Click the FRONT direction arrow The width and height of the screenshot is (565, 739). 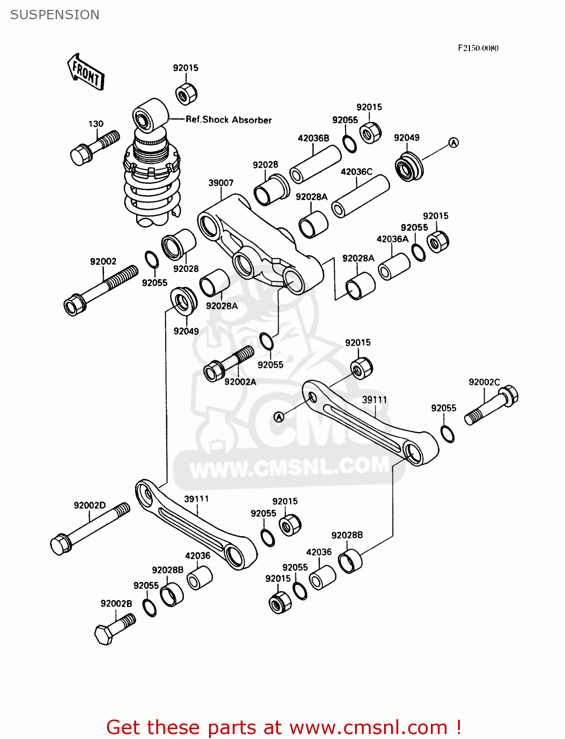click(86, 72)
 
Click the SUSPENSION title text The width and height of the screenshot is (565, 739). click(55, 15)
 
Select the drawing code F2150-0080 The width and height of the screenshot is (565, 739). click(478, 48)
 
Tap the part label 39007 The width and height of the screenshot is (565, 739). click(220, 183)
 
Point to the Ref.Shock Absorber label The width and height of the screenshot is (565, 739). click(228, 120)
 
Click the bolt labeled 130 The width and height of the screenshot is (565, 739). click(95, 147)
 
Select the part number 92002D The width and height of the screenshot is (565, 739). click(89, 505)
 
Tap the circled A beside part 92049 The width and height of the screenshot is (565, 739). click(454, 142)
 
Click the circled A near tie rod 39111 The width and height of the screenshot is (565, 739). click(279, 417)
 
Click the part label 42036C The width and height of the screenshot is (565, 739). click(356, 171)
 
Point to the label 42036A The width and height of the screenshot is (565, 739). click(392, 239)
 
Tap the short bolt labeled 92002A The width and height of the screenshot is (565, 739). click(229, 364)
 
